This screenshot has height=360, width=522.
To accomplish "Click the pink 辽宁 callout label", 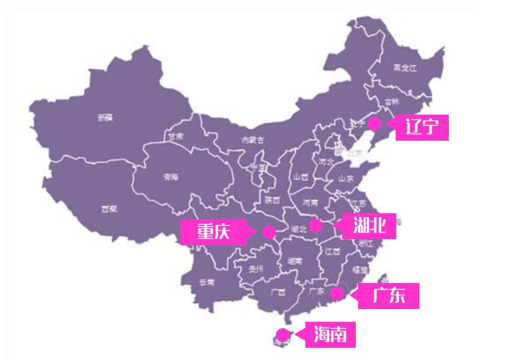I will click(422, 127).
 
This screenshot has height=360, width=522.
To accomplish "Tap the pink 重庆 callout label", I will click(213, 232).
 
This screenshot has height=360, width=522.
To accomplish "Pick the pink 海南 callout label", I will click(330, 335).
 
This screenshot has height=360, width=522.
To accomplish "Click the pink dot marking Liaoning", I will click(375, 123).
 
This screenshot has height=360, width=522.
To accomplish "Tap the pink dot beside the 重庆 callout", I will click(269, 232).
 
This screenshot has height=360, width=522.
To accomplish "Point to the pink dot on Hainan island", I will click(283, 335).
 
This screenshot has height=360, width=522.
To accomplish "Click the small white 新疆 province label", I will click(105, 117).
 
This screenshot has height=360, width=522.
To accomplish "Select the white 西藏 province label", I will click(109, 209).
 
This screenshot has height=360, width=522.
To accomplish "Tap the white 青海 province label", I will click(170, 178).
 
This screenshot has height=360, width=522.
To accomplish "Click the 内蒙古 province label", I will click(253, 141).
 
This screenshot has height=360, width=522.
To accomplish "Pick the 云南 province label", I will click(206, 282).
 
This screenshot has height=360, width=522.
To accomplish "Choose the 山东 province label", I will click(346, 178).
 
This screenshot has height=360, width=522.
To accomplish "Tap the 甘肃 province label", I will click(176, 136).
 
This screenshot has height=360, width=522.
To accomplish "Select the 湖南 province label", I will click(295, 260).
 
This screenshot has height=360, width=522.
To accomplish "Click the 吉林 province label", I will click(392, 102).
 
